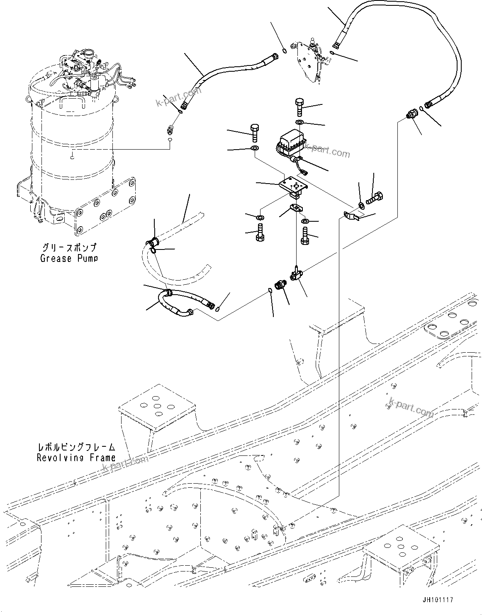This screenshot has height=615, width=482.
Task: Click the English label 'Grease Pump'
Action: (x=69, y=258)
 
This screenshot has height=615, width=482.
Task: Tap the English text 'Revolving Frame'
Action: (x=76, y=458)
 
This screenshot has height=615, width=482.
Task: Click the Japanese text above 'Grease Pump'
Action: (x=69, y=248)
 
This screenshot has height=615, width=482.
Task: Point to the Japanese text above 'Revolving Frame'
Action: (x=76, y=448)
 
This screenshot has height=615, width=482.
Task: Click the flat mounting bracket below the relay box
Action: (x=294, y=185)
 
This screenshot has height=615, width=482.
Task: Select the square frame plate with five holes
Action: (x=157, y=407)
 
